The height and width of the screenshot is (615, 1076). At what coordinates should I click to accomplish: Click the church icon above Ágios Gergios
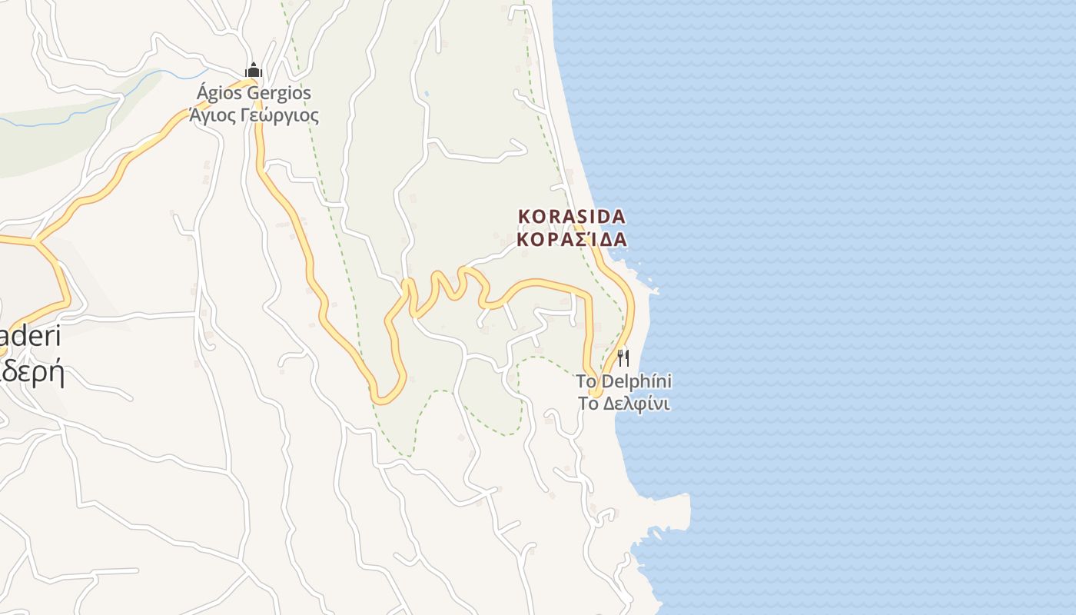pyautogui.click(x=254, y=71)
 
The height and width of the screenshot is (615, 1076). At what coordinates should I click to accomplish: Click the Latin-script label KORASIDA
pyautogui.click(x=572, y=217)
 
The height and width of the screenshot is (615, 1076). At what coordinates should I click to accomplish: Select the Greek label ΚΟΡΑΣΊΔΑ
pyautogui.click(x=572, y=239)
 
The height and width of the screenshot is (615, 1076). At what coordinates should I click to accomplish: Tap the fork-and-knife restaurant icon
pyautogui.click(x=623, y=358)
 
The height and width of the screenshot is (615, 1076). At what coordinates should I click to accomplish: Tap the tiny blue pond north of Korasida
pyautogui.click(x=427, y=95)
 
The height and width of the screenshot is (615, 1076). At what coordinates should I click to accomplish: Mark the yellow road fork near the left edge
pyautogui.click(x=35, y=241)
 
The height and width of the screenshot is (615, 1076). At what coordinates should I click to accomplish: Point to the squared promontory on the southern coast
pyautogui.click(x=680, y=507)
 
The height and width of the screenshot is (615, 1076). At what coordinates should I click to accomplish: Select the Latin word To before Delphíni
pyautogui.click(x=586, y=381)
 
